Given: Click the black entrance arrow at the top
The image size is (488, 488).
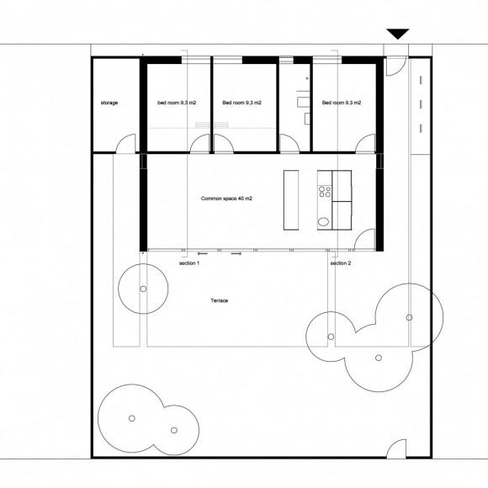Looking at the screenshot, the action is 398,34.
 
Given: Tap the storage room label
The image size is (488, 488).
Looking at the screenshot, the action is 109,103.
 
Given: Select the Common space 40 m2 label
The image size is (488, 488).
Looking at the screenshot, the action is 226,199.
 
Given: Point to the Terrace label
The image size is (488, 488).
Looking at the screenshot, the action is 220,300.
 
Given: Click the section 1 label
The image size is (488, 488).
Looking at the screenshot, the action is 189,263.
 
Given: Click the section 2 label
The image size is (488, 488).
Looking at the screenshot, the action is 341,263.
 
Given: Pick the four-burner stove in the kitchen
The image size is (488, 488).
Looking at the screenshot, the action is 325,192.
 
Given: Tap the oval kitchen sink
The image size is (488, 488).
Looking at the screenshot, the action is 323,221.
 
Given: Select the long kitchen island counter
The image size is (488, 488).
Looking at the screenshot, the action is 291,200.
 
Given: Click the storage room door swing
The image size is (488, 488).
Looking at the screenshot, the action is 126,143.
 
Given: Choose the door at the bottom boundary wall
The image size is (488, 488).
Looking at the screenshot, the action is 396,448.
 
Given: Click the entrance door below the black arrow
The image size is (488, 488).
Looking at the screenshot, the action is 396,66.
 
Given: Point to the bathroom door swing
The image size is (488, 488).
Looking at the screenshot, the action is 289,143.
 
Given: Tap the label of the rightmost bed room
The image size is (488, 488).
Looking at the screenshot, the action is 342,103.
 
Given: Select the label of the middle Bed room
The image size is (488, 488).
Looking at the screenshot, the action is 241,103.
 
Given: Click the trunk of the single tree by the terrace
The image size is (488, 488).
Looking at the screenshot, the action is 143,289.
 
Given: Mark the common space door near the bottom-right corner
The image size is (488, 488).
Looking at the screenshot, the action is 365,239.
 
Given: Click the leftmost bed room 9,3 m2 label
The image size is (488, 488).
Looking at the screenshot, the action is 177,103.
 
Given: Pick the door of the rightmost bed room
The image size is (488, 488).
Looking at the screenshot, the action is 365,144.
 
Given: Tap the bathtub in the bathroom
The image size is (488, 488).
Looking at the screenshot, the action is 304,102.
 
